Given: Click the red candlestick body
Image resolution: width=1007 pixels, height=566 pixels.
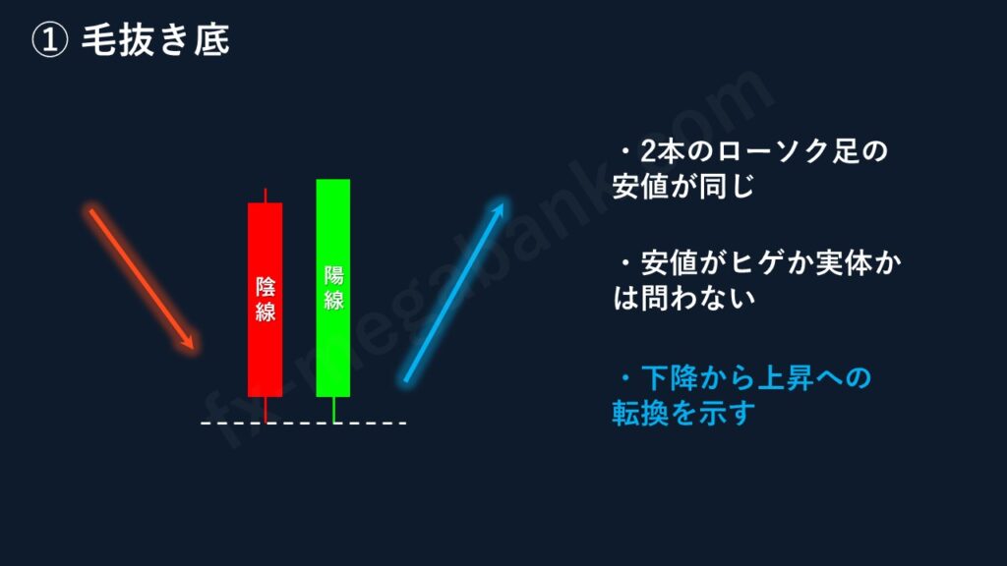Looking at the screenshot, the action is (x=266, y=300).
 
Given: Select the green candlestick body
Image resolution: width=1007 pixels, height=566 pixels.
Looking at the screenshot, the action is (x=333, y=288).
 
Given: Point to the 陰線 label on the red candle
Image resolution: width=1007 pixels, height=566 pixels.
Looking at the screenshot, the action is (x=266, y=299).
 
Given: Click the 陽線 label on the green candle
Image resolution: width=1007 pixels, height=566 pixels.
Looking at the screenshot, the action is (x=333, y=288).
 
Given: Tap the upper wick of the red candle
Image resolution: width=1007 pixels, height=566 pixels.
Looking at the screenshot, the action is (x=266, y=196).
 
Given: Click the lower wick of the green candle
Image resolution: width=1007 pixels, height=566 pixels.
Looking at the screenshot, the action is (x=333, y=410).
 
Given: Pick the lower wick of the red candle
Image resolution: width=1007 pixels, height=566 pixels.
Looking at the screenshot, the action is (x=266, y=410).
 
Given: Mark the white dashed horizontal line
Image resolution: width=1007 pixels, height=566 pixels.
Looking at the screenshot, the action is (x=304, y=423).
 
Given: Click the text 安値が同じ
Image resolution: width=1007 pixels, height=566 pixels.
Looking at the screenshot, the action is (x=682, y=187).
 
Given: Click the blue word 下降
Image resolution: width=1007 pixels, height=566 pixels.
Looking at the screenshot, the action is (x=669, y=378).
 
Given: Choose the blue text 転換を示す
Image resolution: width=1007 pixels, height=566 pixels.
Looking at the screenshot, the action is (x=683, y=414).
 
